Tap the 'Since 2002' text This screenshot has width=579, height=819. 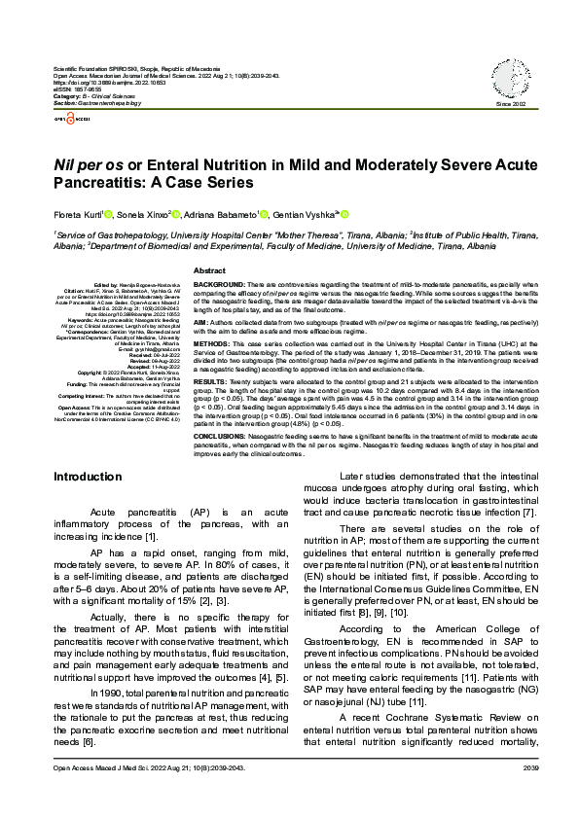pos(510,103)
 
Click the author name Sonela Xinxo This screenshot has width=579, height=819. pos(142,214)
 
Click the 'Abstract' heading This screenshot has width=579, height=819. pos(210,269)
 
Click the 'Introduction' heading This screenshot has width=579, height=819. pos(88,477)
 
